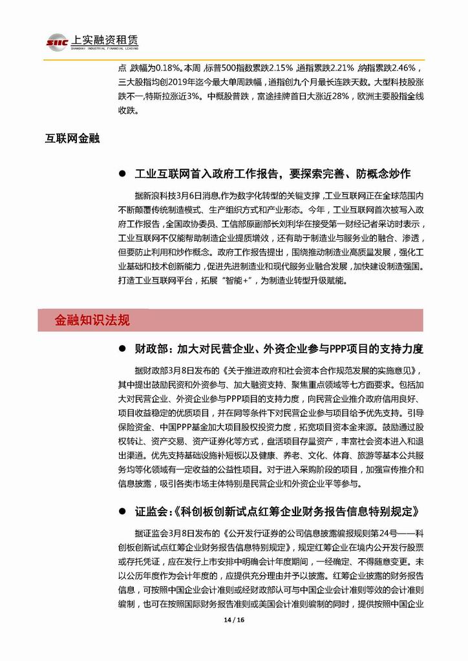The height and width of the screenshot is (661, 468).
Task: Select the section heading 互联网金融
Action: click(72, 138)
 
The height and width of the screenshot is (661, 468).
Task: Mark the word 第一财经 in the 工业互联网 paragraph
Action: click(363, 224)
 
